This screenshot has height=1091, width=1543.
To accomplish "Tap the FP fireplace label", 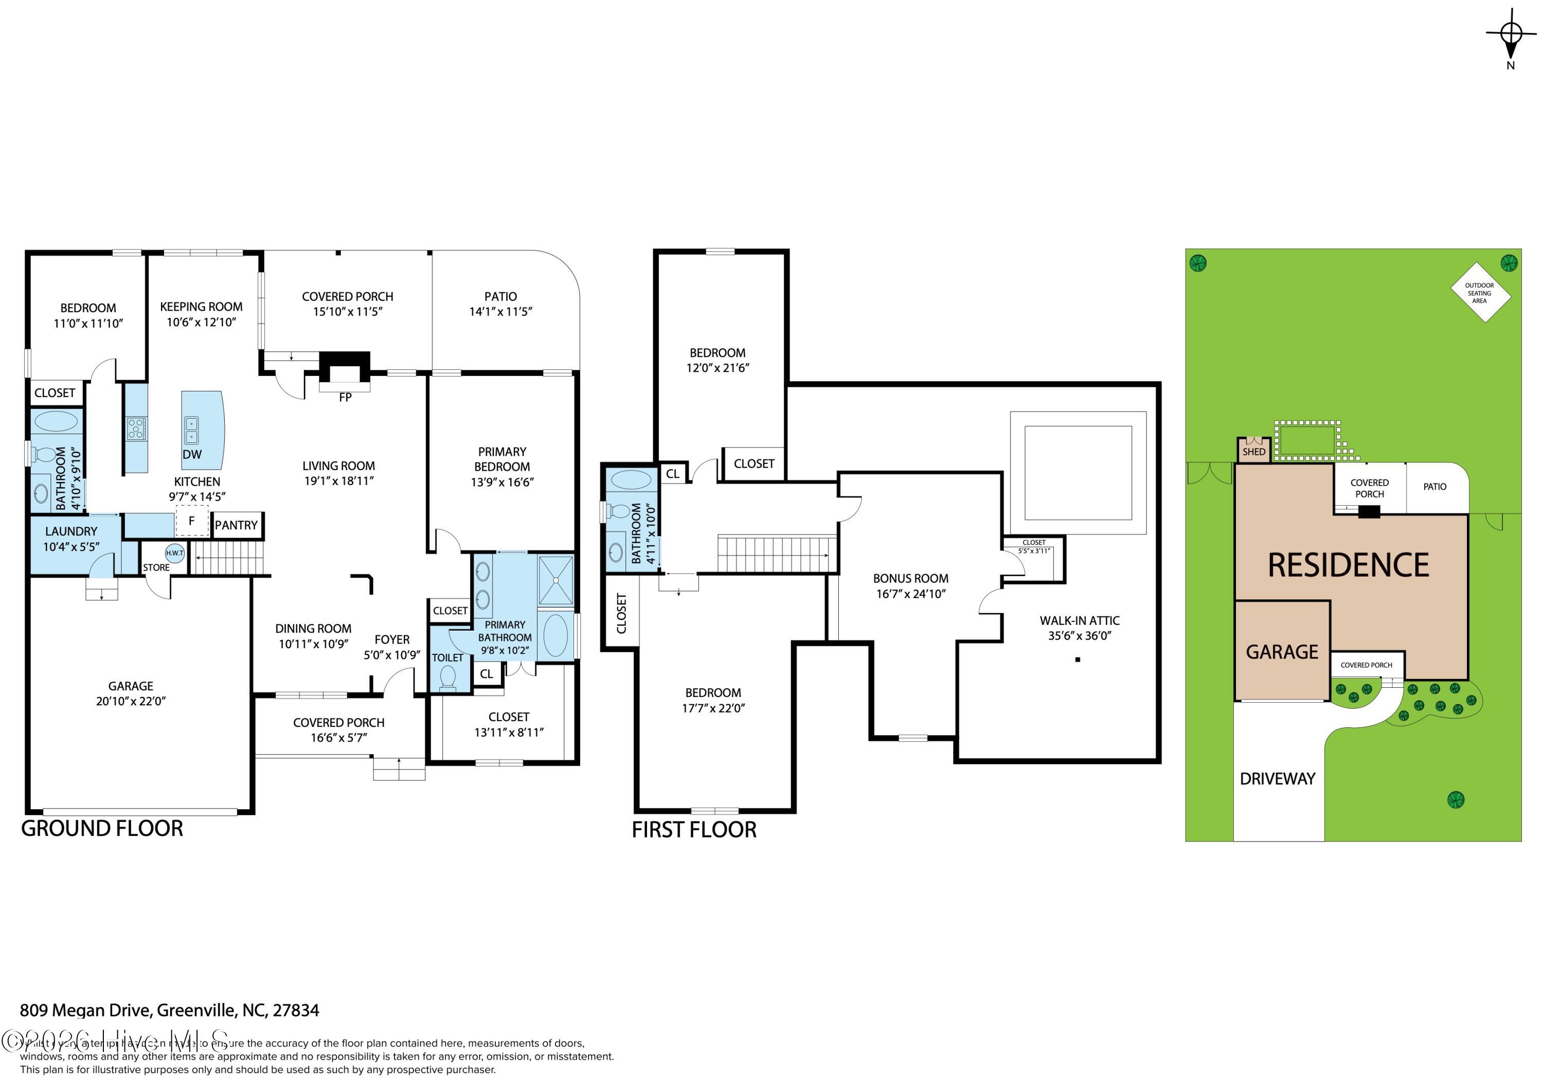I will tap(345, 397).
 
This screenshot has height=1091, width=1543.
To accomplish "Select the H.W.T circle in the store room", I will tap(175, 552).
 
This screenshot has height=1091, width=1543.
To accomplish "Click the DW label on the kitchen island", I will tap(192, 454).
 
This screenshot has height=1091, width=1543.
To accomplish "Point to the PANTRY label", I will tap(236, 525).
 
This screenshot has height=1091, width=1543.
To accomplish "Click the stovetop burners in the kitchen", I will tap(136, 428).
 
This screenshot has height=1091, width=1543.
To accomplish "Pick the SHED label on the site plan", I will tap(1253, 452).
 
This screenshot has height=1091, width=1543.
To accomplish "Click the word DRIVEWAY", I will tap(1277, 778).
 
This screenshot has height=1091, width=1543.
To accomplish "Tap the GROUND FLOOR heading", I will tap(102, 828).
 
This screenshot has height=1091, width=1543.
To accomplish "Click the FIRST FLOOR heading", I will tap(693, 830).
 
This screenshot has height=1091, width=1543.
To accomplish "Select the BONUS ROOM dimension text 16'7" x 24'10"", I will tap(910, 594).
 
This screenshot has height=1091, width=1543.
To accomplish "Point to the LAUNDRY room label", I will tap(70, 531).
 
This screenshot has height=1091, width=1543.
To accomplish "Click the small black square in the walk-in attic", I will tap(1078, 659).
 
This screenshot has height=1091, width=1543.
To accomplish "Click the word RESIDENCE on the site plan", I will tap(1348, 565).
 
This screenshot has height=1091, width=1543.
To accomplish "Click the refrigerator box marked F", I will tap(191, 521).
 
